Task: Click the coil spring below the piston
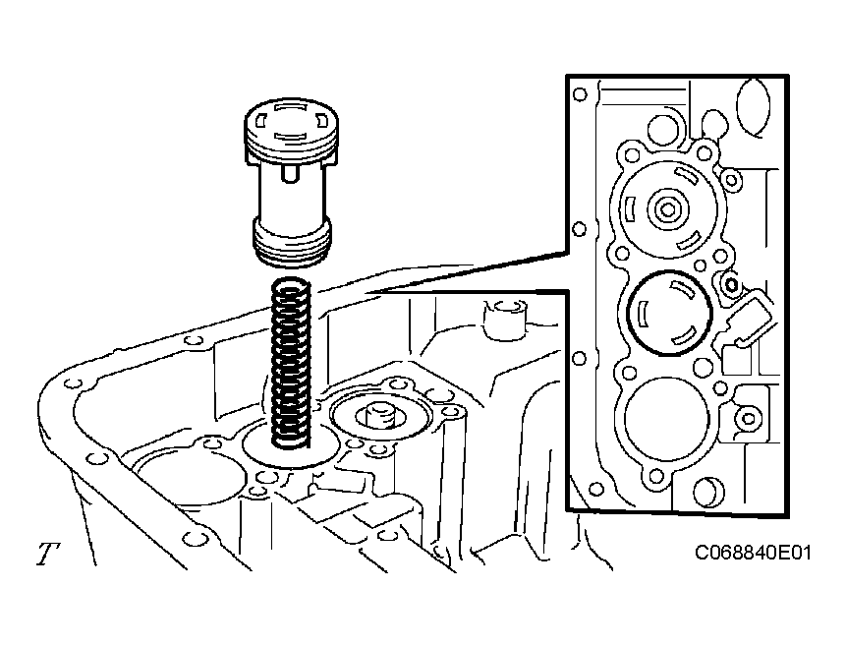tap(291, 359)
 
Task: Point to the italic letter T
tap(45, 555)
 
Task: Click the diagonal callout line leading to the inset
tap(472, 269)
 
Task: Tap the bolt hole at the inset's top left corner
tap(581, 95)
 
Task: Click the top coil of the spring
tap(291, 287)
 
